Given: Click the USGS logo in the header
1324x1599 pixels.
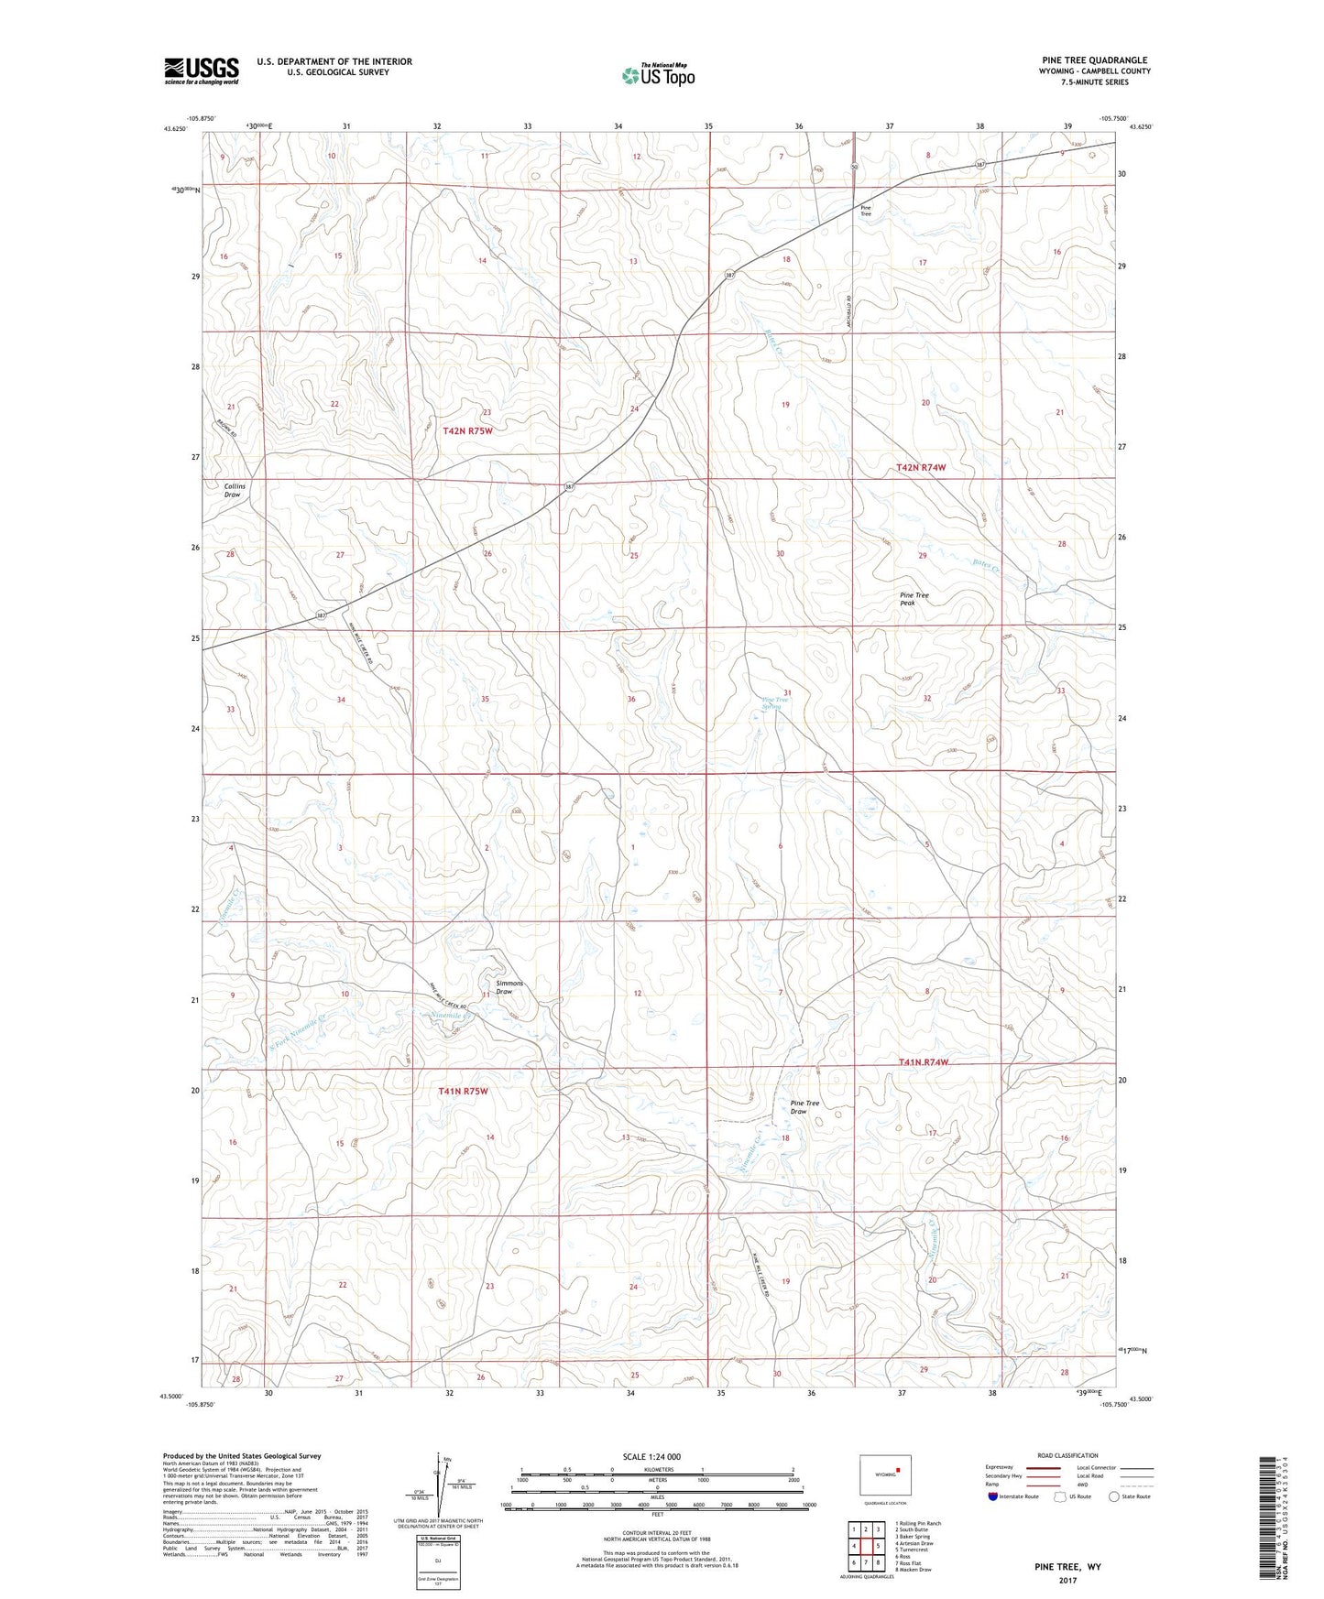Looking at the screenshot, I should coord(202,71).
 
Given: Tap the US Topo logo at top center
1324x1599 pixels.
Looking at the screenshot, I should coord(657,75).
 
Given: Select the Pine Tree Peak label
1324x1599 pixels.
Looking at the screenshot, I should coord(914,599).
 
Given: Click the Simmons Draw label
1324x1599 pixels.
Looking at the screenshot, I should coord(509,987).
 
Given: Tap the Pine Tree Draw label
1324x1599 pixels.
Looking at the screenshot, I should coord(804,1107).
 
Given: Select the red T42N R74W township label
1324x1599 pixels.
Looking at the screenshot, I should coord(920,467).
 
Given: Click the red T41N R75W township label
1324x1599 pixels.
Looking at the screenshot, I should coord(463,1091).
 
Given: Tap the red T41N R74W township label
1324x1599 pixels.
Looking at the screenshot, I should coord(923,1062).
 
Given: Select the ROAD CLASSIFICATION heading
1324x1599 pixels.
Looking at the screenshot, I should coord(1067,1455).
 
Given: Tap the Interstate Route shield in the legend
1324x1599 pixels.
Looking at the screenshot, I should coord(993,1496).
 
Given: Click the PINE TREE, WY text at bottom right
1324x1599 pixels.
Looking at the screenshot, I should coord(1067,1566).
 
